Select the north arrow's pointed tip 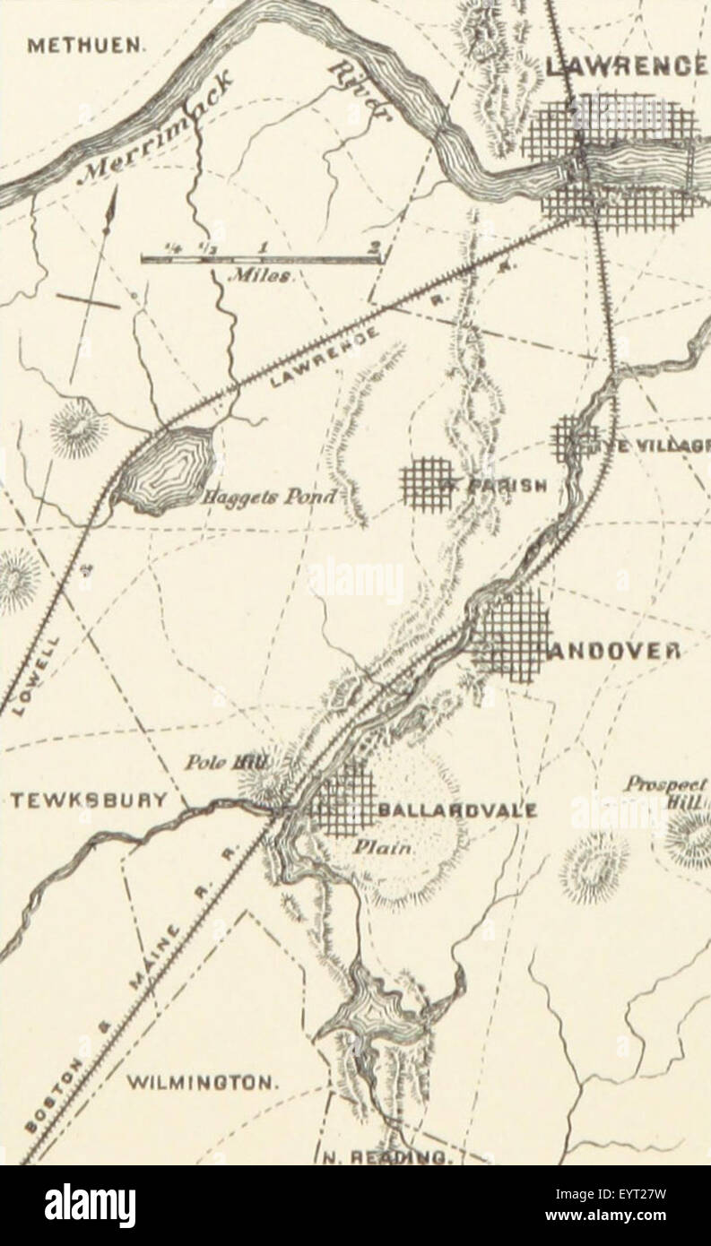[114, 191]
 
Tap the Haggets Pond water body [166, 467]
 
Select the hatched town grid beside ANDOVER [512, 635]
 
